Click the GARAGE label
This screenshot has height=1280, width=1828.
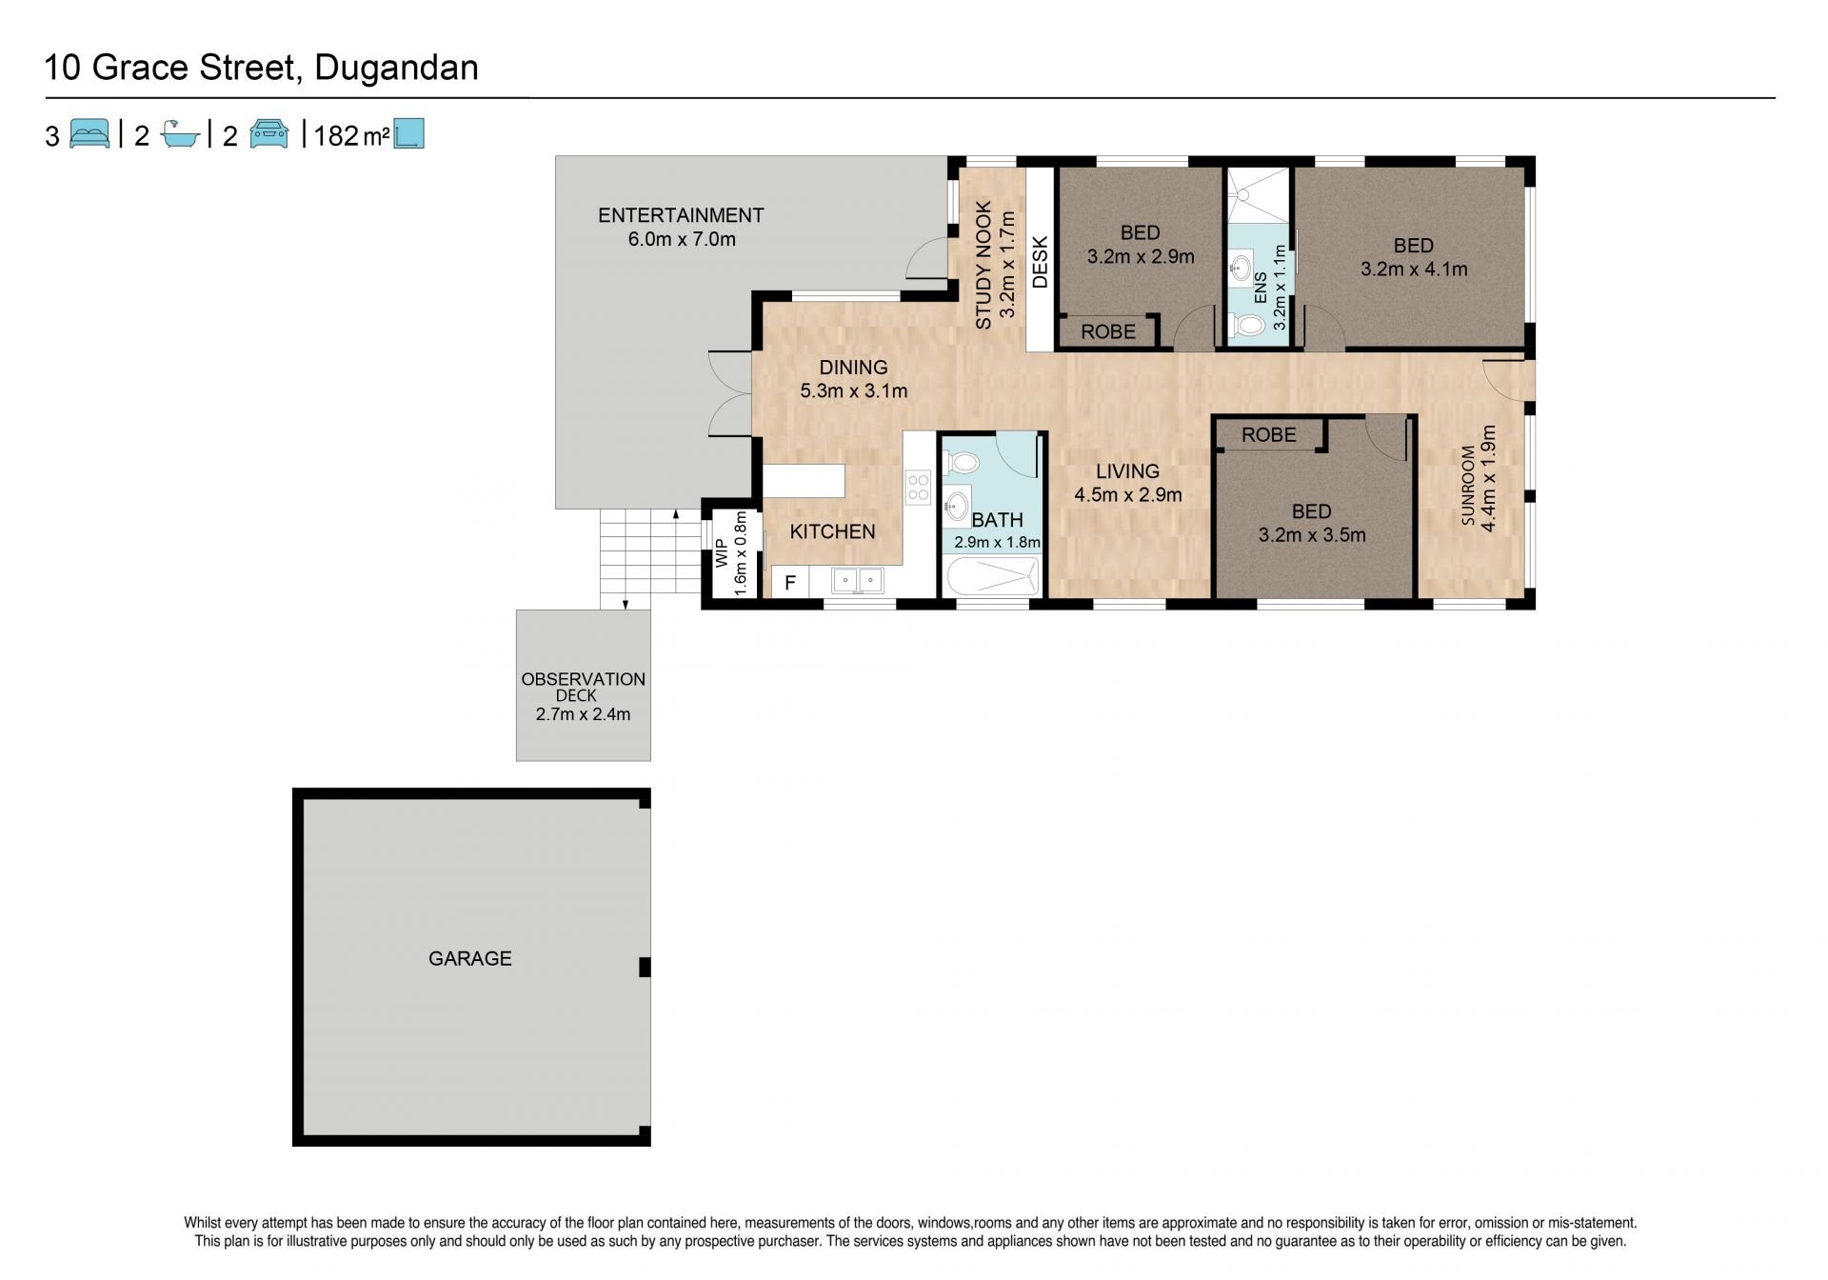point(469,959)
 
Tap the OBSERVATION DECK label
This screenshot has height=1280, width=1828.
point(583,687)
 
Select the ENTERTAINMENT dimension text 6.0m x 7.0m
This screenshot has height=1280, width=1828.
point(682,239)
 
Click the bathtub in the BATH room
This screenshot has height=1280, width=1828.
point(990,577)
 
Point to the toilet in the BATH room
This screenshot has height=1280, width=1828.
point(963,463)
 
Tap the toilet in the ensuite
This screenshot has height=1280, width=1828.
point(1247,327)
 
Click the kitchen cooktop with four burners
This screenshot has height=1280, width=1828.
point(918,488)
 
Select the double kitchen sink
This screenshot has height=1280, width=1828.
point(857,579)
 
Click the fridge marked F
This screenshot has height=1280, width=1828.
point(789,582)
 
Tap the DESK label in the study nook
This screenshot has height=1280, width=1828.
point(1040,262)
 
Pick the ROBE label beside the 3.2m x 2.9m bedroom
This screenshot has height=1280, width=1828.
point(1108,331)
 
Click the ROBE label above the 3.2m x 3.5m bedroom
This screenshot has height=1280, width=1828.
point(1269,435)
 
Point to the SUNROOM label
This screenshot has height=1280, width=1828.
point(1468,486)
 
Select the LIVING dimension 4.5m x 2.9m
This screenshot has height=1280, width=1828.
point(1128,494)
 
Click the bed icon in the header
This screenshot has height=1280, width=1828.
point(90,133)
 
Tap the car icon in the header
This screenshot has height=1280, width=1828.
point(269,133)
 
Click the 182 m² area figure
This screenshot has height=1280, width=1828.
point(350,136)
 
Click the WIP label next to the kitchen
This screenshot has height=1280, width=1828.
point(721,552)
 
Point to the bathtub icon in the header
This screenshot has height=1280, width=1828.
point(180,134)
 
